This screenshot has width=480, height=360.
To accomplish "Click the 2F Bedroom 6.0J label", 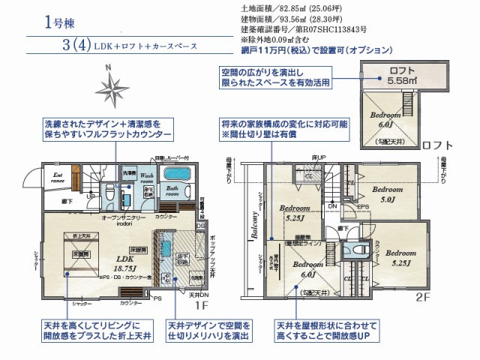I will (x=307, y=269).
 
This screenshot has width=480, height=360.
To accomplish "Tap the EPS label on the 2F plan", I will (x=361, y=206).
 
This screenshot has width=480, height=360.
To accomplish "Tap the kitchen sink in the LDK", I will (x=166, y=247).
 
